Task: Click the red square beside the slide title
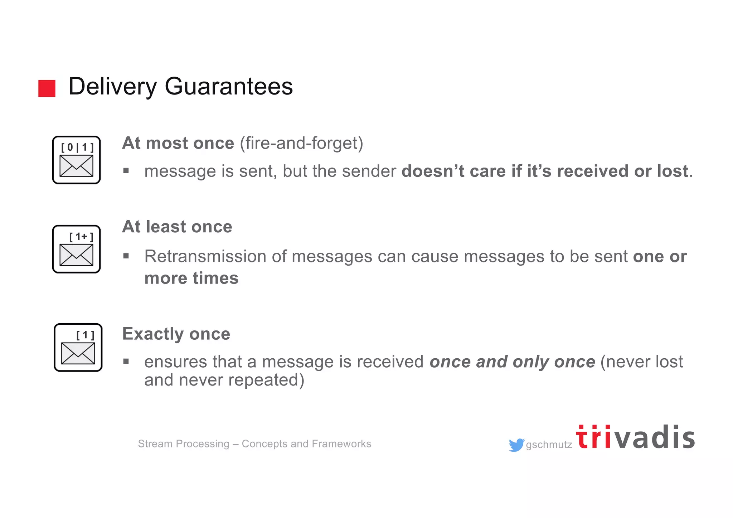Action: (x=47, y=88)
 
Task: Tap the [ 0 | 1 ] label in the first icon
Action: (x=77, y=147)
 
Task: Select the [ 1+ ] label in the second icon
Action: (x=81, y=237)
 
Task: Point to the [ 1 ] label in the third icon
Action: (x=86, y=335)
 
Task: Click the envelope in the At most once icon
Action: (x=76, y=166)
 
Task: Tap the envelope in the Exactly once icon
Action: (x=78, y=353)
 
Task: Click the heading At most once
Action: (x=178, y=143)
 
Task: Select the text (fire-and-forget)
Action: (x=301, y=143)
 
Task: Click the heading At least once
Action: (x=177, y=227)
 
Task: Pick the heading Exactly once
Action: (x=176, y=334)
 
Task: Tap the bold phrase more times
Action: (x=191, y=278)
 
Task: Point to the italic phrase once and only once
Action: (x=512, y=362)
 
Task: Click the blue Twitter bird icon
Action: (x=516, y=445)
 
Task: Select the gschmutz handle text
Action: (x=549, y=445)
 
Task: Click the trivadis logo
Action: (x=635, y=437)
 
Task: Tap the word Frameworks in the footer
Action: (x=341, y=444)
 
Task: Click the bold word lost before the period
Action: (x=673, y=171)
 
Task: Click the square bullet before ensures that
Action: (x=126, y=362)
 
